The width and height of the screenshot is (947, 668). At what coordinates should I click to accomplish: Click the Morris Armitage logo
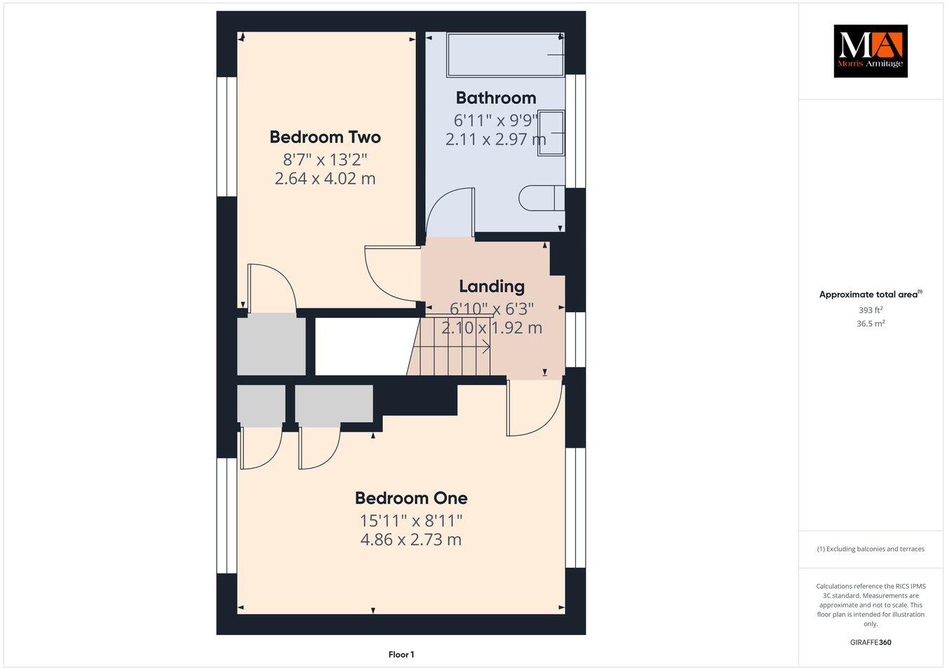(870, 51)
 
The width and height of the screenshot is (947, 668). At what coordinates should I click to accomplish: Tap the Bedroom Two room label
(325, 137)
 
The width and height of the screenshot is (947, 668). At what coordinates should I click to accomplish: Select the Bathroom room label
(495, 98)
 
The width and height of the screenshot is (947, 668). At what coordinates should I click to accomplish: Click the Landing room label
(492, 286)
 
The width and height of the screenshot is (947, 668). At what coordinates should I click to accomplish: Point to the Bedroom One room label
(411, 498)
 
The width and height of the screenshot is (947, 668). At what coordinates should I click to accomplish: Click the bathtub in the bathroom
(504, 54)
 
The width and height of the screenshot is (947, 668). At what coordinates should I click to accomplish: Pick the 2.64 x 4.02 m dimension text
(325, 179)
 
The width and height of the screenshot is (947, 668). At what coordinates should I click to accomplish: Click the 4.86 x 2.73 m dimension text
(411, 540)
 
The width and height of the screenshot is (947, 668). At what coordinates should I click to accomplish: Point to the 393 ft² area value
(871, 310)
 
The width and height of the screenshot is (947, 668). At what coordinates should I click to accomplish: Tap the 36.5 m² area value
(871, 323)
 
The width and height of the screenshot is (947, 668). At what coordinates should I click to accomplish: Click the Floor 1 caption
(401, 655)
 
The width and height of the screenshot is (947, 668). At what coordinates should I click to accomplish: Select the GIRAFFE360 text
(871, 642)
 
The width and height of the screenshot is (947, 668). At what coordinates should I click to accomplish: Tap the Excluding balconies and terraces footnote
(871, 549)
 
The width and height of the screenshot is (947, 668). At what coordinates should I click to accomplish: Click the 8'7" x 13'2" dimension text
(325, 159)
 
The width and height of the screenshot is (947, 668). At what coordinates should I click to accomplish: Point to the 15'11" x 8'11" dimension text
(411, 521)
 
